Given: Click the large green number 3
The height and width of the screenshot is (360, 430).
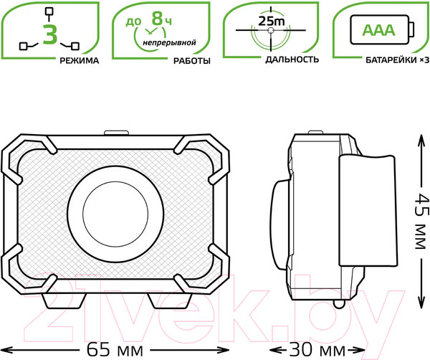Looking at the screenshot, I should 49,34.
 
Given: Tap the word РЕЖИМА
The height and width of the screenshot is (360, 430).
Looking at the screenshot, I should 79,60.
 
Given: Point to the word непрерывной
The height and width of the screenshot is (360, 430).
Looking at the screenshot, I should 169,44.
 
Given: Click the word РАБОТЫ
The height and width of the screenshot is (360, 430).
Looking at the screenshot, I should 191,60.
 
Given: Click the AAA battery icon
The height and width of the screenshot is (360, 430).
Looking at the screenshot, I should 381,30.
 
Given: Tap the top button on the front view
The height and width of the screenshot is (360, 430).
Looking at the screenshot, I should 117,133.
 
